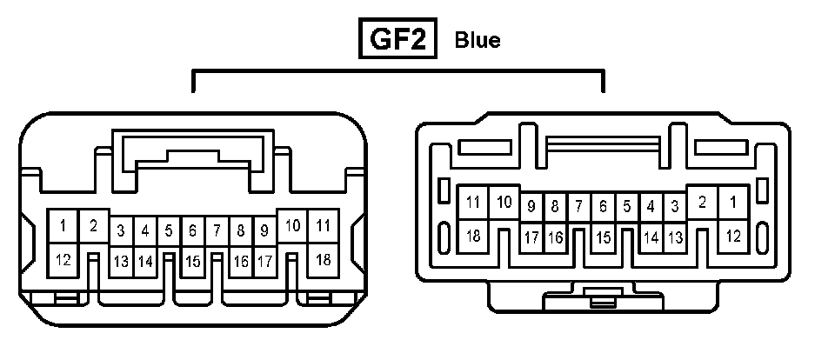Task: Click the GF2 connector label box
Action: point(397,40)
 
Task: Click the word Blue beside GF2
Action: point(478,41)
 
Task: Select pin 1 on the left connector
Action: point(63,228)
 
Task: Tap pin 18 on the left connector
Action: point(324,259)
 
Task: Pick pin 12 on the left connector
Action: point(63,259)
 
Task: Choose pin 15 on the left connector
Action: point(193,261)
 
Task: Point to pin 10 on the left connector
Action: point(293,226)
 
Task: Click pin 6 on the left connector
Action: point(193,231)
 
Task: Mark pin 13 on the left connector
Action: point(121,261)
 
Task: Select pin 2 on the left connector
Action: point(93,226)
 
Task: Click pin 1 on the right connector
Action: point(733,203)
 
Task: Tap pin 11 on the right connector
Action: point(473,203)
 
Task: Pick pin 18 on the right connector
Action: point(473,235)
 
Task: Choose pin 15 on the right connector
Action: point(603,237)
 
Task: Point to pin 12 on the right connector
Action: point(733,235)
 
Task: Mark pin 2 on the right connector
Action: point(703,203)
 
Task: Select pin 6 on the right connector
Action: point(603,207)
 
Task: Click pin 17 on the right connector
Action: point(531,237)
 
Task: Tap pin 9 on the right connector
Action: point(531,207)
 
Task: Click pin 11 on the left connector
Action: point(324,226)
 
